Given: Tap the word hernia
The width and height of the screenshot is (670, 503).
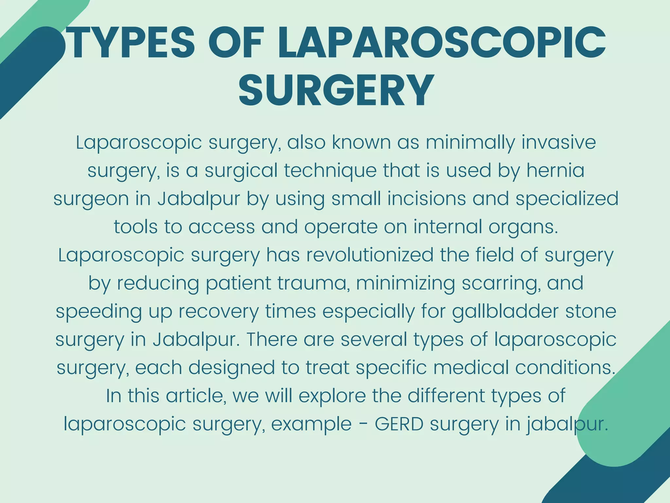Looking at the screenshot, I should coord(555,171).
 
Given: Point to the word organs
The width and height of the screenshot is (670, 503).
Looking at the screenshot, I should coord(523,227).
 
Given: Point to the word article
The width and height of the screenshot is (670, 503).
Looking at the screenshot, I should coord(196,396).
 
